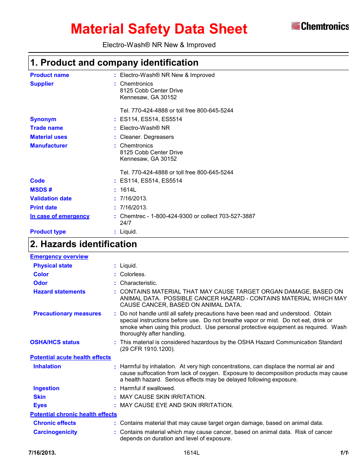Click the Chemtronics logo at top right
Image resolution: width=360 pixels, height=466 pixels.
tap(320, 26)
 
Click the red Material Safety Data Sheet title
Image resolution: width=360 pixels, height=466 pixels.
tap(159, 29)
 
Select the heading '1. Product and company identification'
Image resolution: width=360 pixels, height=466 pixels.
tap(114, 63)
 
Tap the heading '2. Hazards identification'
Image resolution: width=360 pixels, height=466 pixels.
tap(83, 244)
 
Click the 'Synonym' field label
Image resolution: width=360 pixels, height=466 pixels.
tap(43, 119)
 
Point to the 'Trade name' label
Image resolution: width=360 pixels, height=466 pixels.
tap(46, 128)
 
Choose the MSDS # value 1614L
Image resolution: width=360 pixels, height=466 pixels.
tap(128, 190)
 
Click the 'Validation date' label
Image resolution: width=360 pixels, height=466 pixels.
tap(51, 198)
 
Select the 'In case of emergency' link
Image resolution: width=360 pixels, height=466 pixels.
tap(60, 216)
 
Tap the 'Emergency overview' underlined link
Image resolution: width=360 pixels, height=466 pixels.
tap(59, 257)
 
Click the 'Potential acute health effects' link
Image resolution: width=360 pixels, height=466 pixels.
tap(71, 357)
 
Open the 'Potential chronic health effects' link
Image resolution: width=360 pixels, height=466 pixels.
tap(74, 414)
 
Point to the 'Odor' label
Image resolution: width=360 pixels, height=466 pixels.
tap(40, 283)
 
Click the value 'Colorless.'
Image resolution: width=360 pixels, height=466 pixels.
tap(133, 274)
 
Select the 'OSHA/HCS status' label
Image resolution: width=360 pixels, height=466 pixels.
tap(55, 342)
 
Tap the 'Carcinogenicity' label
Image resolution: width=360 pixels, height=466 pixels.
tap(55, 432)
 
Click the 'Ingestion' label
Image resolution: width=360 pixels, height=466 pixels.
tap(46, 388)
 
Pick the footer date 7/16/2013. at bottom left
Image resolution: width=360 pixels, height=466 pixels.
tap(42, 453)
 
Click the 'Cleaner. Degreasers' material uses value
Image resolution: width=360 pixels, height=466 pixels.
tap(147, 137)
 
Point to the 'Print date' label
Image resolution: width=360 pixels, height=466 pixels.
tap(43, 208)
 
